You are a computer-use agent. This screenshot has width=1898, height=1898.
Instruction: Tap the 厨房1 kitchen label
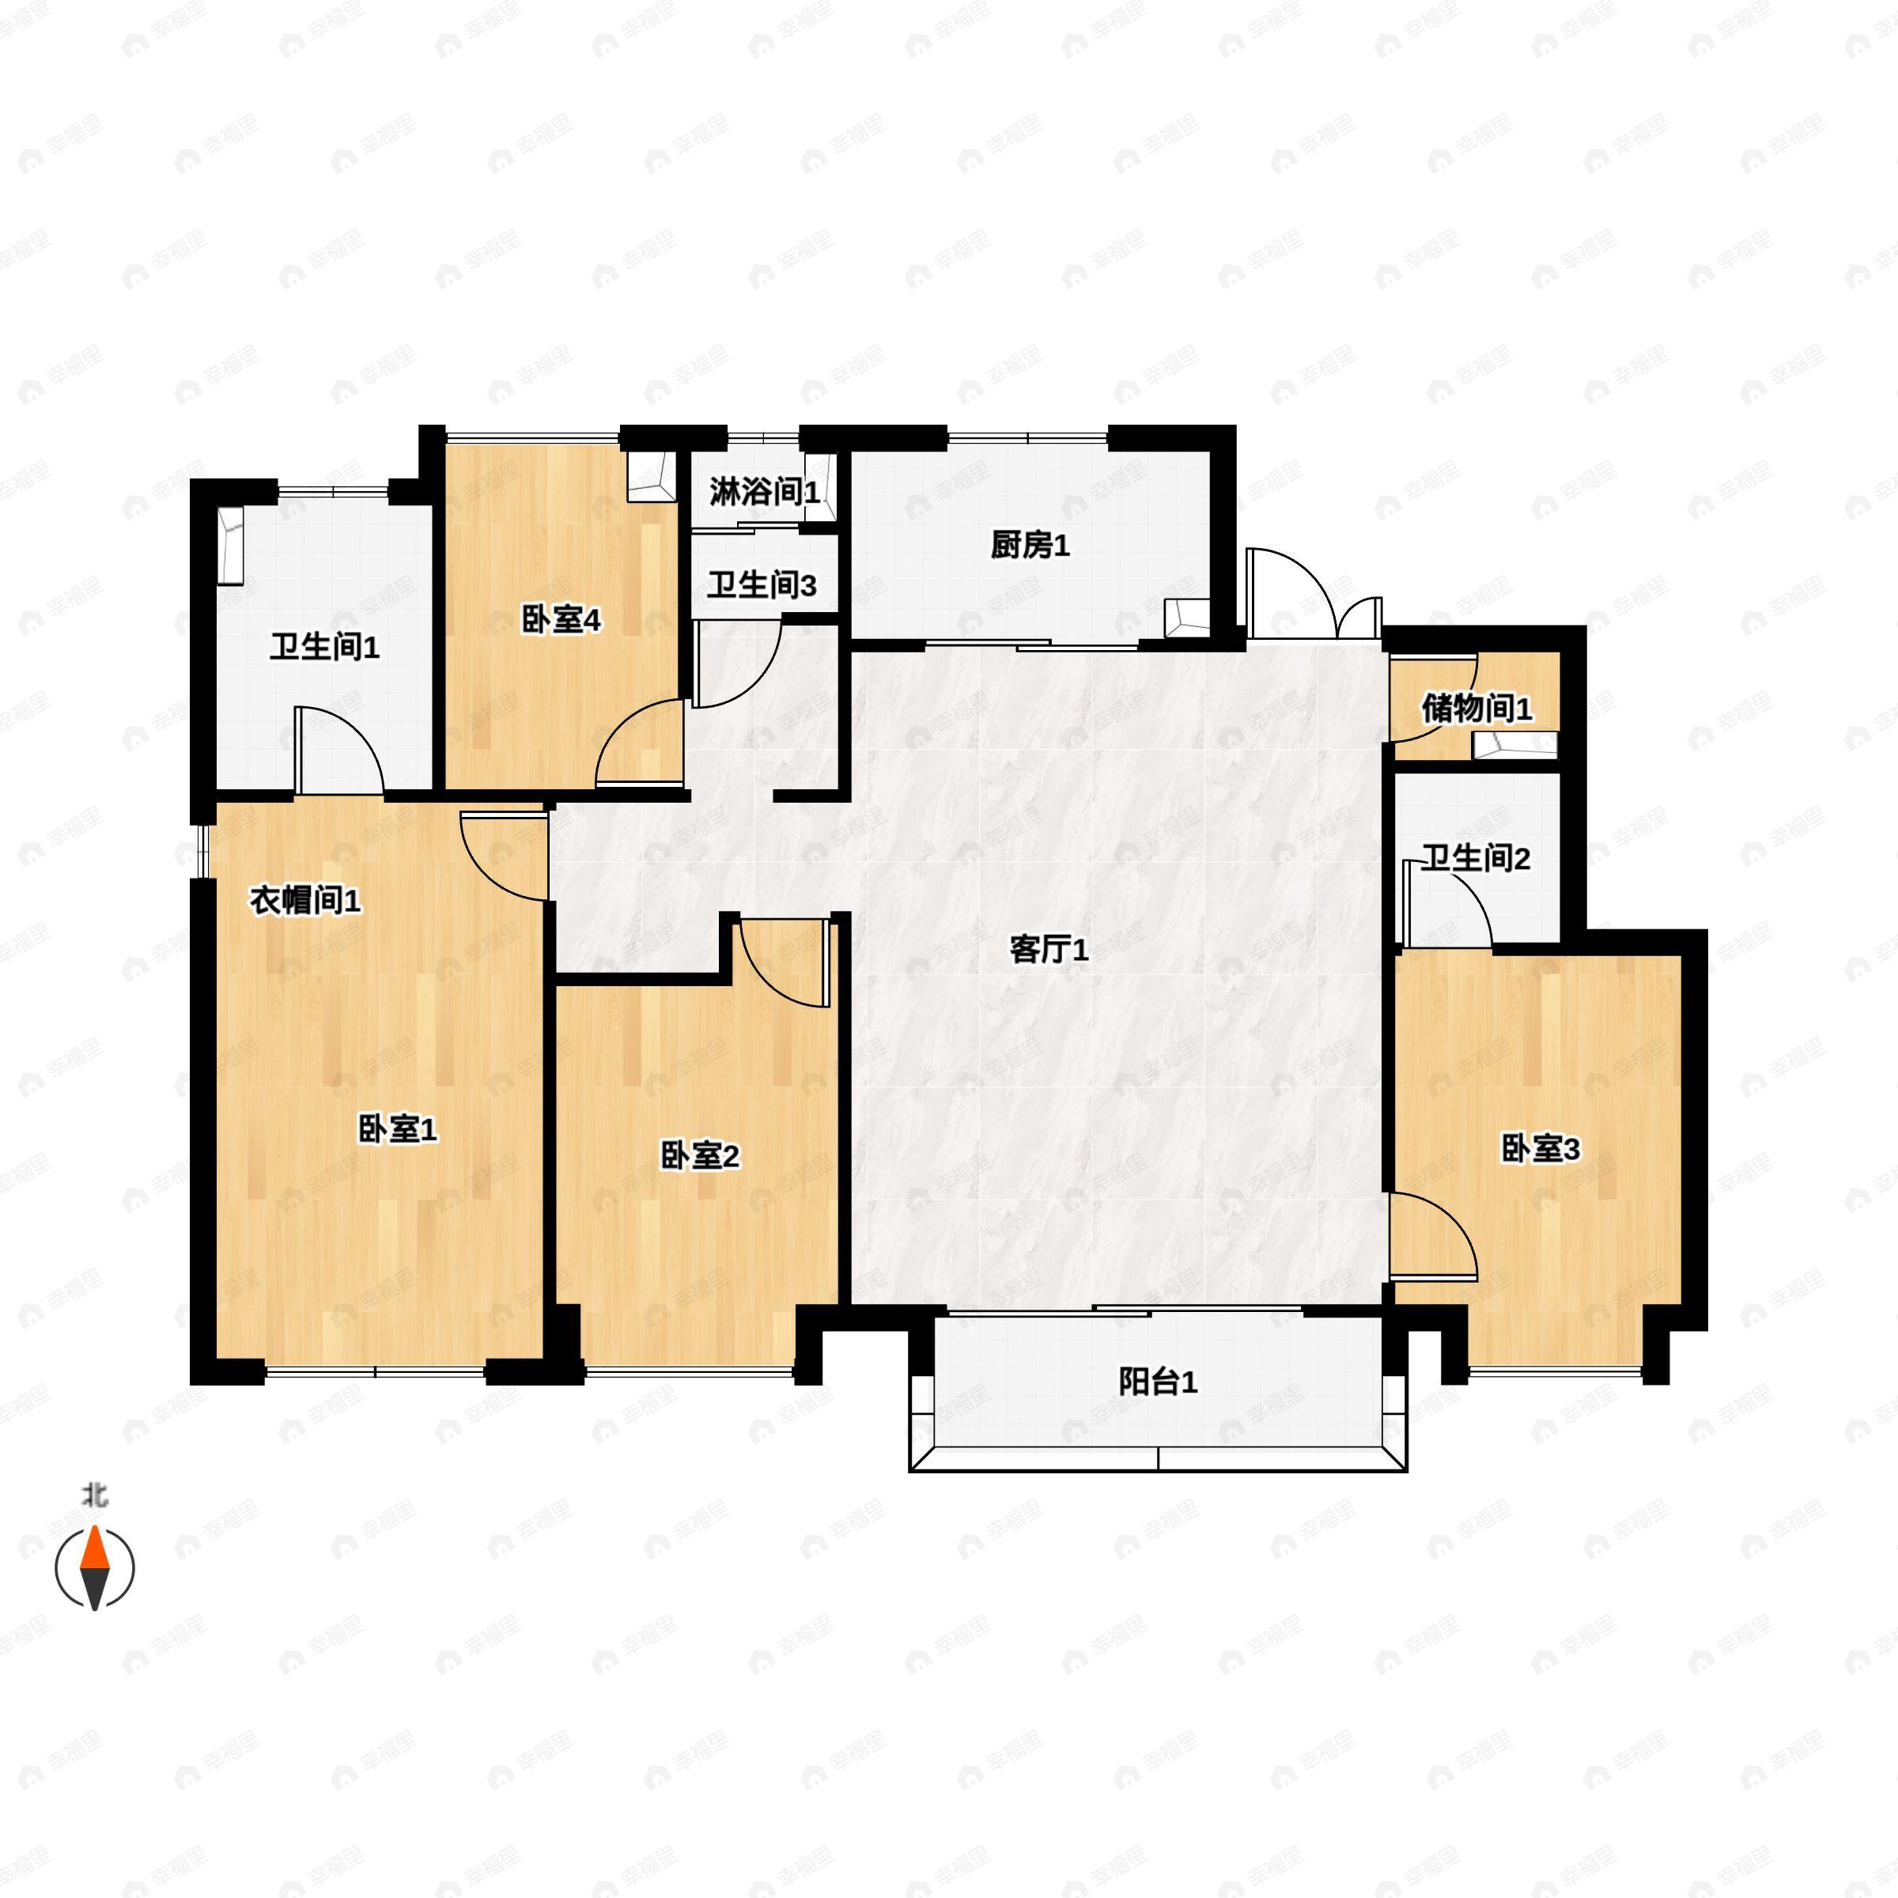1029,545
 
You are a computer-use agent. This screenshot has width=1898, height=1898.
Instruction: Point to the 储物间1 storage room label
1476,709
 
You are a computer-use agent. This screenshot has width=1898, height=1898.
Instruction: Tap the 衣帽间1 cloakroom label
304,900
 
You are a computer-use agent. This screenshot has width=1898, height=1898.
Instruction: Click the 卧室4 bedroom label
560,621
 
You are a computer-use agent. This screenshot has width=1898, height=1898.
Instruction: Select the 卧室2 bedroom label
698,1156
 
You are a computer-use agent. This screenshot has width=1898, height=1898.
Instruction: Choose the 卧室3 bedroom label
1540,1148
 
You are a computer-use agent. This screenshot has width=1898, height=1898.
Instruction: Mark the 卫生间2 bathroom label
1476,859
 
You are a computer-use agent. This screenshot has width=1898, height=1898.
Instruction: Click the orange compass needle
94,1549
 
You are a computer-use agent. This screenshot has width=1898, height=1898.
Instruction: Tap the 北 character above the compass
94,1496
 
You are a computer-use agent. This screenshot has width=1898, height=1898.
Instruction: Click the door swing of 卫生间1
339,749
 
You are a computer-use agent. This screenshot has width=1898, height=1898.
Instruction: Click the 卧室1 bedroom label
397,1130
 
